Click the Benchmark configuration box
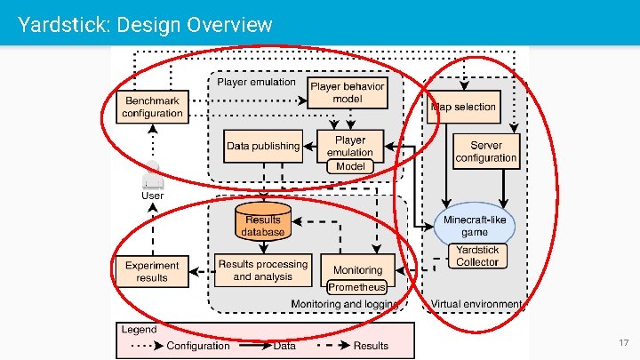[152, 107]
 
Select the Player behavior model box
[348, 92]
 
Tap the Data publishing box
[263, 146]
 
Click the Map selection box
[463, 107]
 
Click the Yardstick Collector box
[477, 256]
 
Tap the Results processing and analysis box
[263, 270]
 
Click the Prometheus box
[356, 287]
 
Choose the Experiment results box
[152, 271]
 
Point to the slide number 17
[622, 342]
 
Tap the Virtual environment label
[476, 304]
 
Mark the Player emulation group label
[257, 83]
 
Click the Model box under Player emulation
[349, 166]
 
